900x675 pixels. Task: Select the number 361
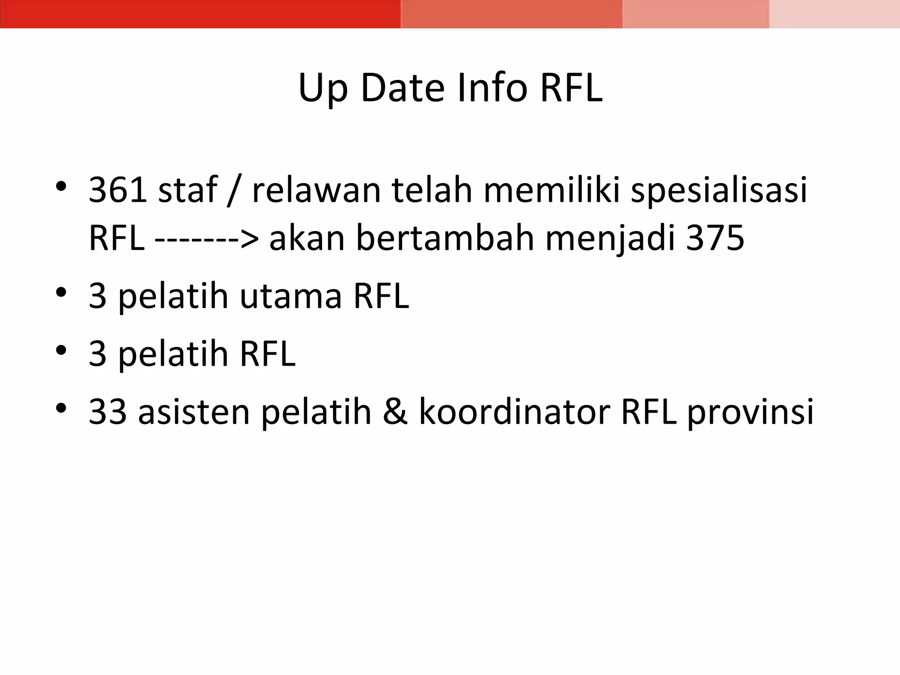coord(118,190)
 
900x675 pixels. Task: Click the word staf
coord(188,190)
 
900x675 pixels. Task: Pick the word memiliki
coord(552,190)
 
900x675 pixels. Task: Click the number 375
coord(715,238)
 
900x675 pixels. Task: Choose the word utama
coord(290,296)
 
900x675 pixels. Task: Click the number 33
coord(108,412)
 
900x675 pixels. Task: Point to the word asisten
coord(194,412)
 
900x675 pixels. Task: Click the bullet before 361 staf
coord(61,187)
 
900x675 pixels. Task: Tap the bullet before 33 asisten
coord(61,408)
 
